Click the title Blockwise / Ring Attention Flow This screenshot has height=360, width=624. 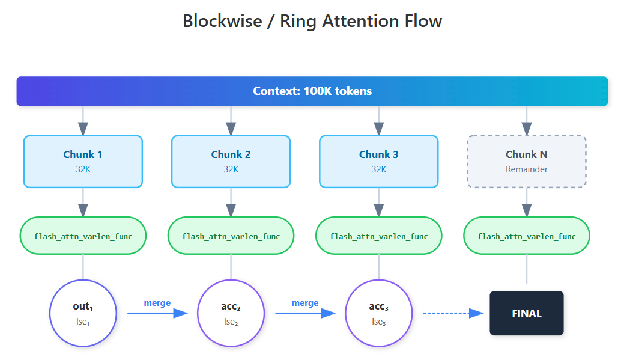[312, 21]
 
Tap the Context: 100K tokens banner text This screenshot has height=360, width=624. [312, 91]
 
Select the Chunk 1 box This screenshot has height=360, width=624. [83, 161]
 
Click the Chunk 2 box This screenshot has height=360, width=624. [231, 161]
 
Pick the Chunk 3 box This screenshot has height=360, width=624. [378, 161]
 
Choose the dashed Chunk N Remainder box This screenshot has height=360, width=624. [527, 161]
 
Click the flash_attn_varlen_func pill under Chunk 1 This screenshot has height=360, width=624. [83, 236]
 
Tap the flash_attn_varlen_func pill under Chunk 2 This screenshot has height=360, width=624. [231, 236]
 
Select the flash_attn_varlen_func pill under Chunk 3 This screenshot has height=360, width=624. [378, 236]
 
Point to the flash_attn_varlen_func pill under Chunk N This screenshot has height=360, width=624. [527, 236]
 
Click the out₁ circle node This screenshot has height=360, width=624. [83, 313]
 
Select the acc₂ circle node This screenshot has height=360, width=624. [231, 313]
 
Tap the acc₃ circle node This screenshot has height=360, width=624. [378, 313]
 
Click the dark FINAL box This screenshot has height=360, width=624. [527, 313]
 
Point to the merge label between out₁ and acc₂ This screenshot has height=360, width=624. [157, 303]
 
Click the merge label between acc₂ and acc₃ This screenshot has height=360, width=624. [305, 303]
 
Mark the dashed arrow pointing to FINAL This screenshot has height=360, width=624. [453, 313]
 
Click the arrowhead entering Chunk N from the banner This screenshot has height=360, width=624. [527, 129]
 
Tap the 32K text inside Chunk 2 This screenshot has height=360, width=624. [231, 169]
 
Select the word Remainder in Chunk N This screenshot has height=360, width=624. [527, 169]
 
